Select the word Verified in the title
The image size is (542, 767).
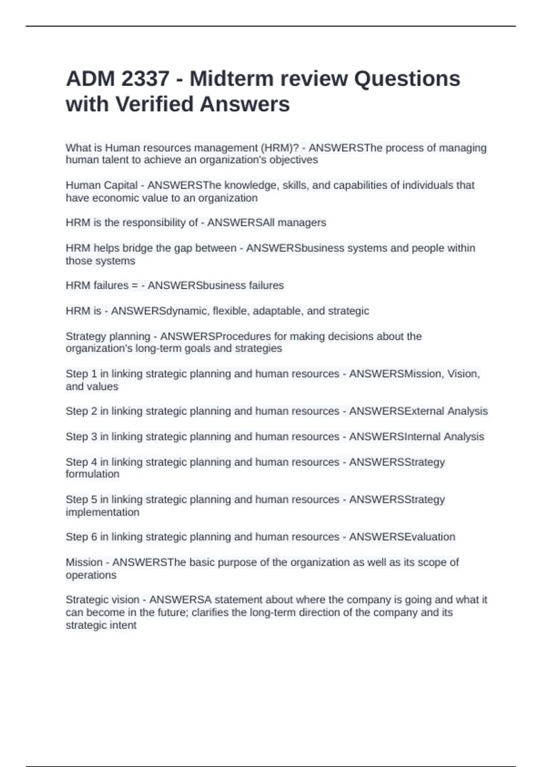[x=154, y=104]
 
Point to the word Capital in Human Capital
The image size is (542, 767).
[x=121, y=185]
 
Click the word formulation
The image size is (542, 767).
[x=93, y=474]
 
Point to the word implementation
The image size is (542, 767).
[x=103, y=513]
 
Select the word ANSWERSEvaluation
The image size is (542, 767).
[x=402, y=537]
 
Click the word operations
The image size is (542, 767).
[x=91, y=575]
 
